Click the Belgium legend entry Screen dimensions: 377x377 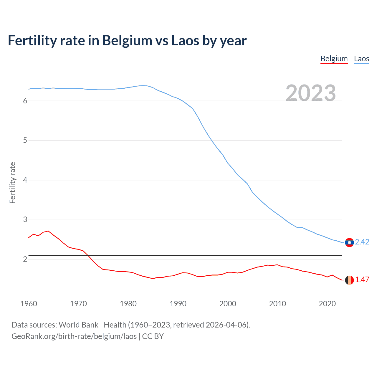pos(334,59)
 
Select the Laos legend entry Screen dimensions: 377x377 pos(361,59)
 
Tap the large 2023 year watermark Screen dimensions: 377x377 pos(311,93)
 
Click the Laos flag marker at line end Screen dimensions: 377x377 pos(349,242)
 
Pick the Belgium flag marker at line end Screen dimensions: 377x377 pos(349,280)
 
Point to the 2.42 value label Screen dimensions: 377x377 pos(362,242)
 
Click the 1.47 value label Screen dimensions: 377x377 pos(362,280)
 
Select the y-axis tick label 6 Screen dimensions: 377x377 pos(25,101)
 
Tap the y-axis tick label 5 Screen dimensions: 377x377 pos(25,140)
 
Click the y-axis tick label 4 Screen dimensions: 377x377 pos(25,180)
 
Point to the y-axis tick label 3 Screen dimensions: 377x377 pos(25,220)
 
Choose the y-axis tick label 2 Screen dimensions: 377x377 pos(25,259)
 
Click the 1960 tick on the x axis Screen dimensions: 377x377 pos(29,304)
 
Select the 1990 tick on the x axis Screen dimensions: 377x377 pos(178,304)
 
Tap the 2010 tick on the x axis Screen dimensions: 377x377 pos(277,304)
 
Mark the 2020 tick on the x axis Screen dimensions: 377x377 pos(327,304)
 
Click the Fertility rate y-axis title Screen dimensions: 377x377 pos(12,183)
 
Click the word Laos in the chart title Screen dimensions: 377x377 pos(185,41)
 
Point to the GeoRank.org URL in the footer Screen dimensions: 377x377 pos(74,336)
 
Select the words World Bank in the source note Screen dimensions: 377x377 pos(78,325)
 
